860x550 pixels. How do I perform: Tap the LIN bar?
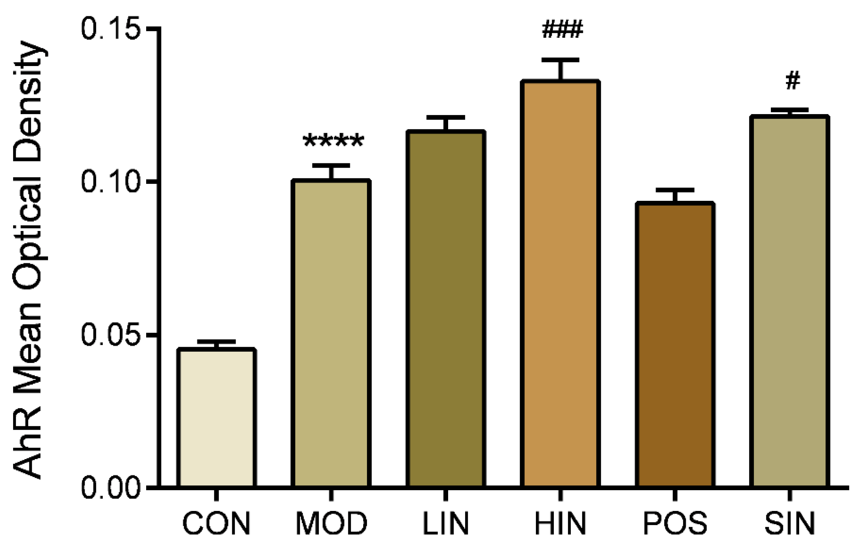(x=446, y=309)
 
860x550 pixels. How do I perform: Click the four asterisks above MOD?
(x=333, y=141)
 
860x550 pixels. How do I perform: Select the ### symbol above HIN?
(x=562, y=30)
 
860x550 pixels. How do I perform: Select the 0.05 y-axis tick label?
(x=109, y=335)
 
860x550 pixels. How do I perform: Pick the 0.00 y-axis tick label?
(x=109, y=487)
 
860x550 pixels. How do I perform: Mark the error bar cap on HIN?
(x=560, y=60)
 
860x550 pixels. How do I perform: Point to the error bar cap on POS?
(x=675, y=190)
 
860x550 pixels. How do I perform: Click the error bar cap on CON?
(x=217, y=342)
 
